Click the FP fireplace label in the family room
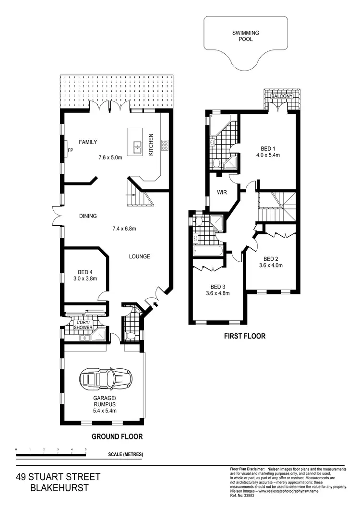[70, 150]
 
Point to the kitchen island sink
[137, 145]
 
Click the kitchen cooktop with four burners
[165, 145]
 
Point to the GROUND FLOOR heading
[117, 437]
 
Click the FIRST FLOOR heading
[244, 336]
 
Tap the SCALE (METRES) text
[125, 454]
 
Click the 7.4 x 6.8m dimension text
[124, 229]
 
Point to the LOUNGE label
[139, 256]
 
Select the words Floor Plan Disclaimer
[248, 469]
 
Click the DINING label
[88, 216]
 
